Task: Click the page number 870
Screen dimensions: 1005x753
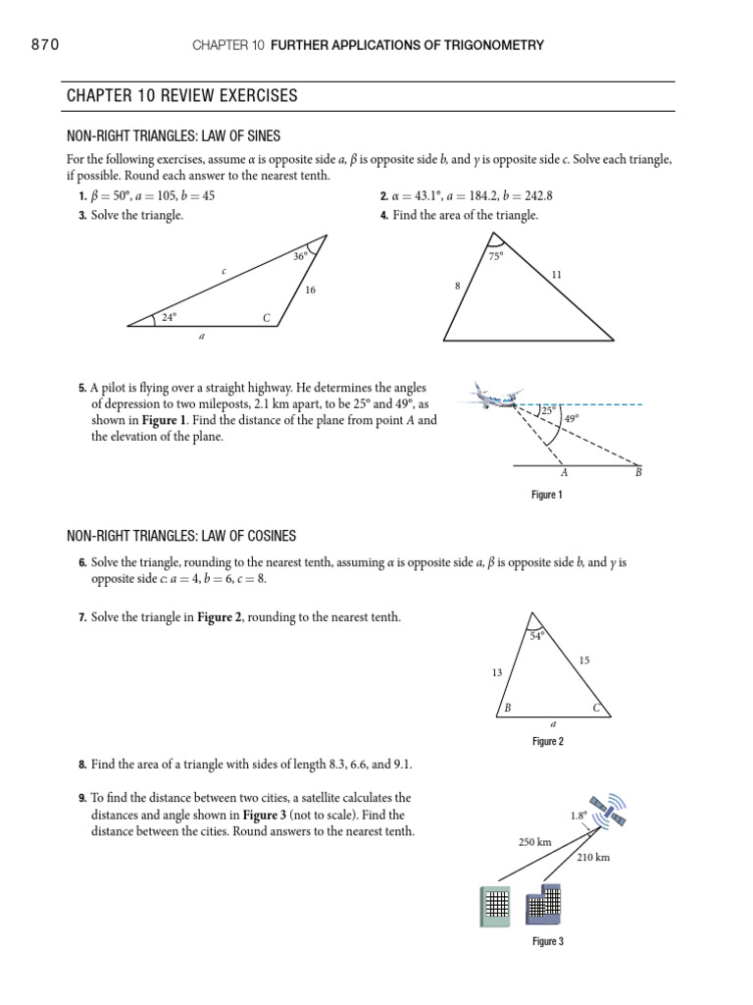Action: point(44,44)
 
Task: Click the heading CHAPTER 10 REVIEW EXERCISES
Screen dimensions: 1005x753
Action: point(181,96)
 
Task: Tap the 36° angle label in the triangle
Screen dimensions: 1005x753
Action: point(300,256)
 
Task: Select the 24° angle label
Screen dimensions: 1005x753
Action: point(169,316)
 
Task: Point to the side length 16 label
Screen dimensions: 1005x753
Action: point(310,291)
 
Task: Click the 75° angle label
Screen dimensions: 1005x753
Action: point(495,256)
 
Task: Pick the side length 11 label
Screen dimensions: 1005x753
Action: point(556,276)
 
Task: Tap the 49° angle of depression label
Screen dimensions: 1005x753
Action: point(571,418)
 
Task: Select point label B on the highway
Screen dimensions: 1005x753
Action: point(638,473)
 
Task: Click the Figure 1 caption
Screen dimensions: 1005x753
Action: point(546,496)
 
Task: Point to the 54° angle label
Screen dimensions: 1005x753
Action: point(536,636)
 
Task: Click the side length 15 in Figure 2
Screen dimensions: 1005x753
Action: point(584,661)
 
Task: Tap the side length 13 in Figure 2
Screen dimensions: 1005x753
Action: point(496,672)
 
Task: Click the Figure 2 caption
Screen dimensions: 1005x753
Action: point(547,742)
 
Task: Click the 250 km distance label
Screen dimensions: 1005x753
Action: point(535,842)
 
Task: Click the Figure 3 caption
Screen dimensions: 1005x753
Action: point(547,941)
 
